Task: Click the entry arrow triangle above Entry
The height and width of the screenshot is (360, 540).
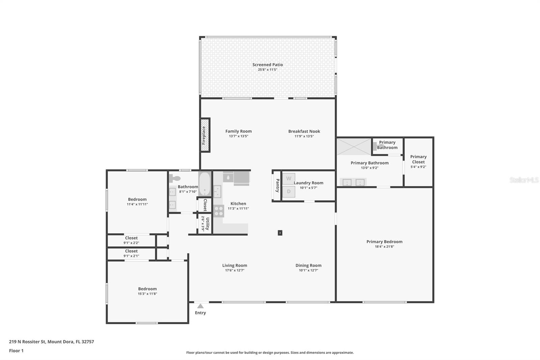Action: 200,306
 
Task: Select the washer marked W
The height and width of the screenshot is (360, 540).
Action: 289,179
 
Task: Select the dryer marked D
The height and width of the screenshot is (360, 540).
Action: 289,191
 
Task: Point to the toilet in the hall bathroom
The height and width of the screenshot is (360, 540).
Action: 174,178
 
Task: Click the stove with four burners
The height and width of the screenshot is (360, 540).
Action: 219,211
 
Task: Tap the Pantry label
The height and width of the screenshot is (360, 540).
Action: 277,185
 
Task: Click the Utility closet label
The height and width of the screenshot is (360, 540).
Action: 208,223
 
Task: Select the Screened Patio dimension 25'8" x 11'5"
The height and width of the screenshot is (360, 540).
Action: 268,70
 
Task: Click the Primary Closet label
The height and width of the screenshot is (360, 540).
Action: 418,159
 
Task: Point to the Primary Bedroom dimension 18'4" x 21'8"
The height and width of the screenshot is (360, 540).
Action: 384,247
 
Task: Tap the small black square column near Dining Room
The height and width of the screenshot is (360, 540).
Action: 280,233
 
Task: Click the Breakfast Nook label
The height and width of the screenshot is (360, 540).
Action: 304,131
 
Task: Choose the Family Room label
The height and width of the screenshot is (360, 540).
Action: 238,131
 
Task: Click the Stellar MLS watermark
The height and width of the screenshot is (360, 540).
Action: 524,180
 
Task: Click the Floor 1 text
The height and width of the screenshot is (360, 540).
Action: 16,351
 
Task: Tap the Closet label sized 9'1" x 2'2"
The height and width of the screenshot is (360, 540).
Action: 131,238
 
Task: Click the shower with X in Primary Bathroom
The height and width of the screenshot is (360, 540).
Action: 354,147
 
